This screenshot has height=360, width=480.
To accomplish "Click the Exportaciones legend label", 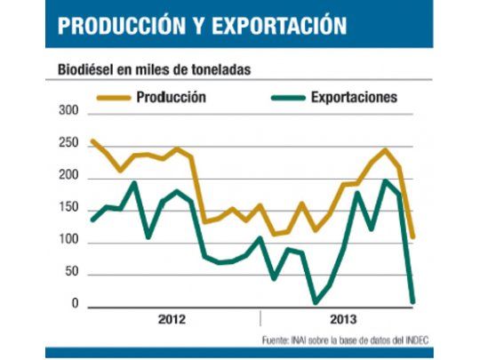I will (353, 96).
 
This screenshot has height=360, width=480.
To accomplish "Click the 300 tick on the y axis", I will (69, 113).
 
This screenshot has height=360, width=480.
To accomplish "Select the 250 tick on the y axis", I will (69, 145).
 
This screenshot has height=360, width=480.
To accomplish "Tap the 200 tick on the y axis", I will (69, 177).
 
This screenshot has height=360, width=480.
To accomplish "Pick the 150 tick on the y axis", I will (69, 209).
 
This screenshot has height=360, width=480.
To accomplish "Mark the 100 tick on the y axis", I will (69, 241).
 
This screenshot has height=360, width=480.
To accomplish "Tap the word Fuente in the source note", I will (277, 340).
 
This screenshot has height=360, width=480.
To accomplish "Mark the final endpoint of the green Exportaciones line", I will (412, 301).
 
